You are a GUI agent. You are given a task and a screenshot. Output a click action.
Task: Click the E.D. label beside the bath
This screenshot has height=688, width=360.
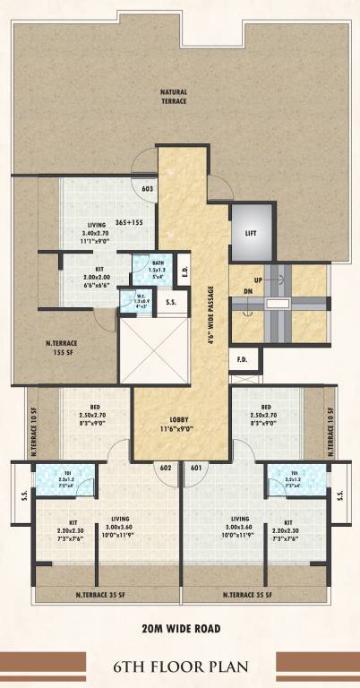click(184, 269)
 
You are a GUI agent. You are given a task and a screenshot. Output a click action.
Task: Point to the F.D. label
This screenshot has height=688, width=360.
click(242, 360)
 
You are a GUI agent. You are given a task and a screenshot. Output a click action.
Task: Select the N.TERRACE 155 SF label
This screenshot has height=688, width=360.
click(64, 346)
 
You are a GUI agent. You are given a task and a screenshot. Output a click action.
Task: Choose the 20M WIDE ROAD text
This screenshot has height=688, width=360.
click(179, 628)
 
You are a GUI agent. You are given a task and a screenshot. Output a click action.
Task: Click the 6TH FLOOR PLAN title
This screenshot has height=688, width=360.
click(179, 666)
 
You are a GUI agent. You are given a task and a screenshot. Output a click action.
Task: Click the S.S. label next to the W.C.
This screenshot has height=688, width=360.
click(170, 304)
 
